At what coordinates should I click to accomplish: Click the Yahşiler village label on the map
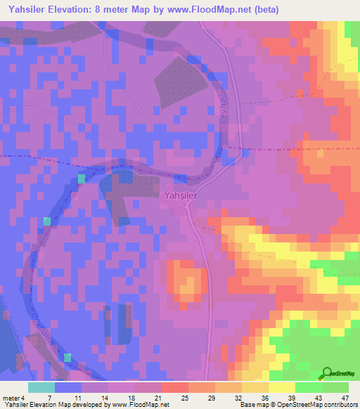(181, 196)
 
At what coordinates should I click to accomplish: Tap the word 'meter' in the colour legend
(11, 398)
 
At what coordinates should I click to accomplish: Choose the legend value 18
(131, 398)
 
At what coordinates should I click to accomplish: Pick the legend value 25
(185, 398)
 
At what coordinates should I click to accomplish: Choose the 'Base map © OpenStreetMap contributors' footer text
(298, 405)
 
